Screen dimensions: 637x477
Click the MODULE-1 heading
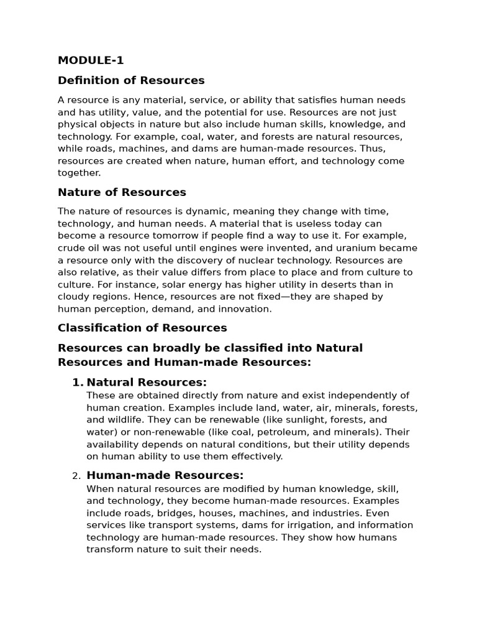point(91,60)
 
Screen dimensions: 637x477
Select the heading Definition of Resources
point(131,80)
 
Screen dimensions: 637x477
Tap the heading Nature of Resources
point(122,192)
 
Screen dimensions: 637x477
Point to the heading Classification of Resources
point(142,328)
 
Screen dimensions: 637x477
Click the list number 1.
point(77,383)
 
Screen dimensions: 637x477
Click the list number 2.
point(76,477)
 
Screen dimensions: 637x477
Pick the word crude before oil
point(71,248)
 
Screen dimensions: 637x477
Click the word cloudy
point(73,297)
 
